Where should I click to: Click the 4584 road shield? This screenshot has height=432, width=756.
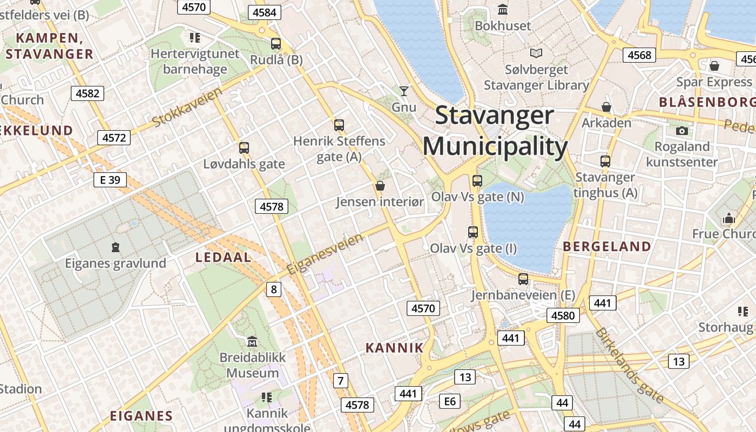point(265,12)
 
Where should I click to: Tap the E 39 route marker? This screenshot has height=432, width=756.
point(110,180)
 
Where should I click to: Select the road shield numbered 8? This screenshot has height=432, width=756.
point(274,289)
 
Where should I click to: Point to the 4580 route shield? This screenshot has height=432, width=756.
point(563,315)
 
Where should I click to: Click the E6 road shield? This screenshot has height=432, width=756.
point(450,401)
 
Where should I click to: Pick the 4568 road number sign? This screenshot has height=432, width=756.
point(639,55)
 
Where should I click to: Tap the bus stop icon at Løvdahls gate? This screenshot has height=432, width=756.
point(244,147)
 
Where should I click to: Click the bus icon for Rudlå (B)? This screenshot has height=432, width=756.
point(276,44)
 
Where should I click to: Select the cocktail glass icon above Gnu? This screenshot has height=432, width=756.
point(403,91)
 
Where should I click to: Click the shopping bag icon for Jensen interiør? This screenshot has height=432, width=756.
point(380,186)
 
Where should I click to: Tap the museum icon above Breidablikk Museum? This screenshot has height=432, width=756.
point(252,341)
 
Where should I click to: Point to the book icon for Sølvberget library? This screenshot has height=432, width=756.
point(536,53)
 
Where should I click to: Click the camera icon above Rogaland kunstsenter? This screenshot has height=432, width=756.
point(681,131)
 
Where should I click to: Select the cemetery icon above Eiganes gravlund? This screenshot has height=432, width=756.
point(115,247)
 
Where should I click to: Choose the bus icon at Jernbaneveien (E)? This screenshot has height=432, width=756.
point(523,279)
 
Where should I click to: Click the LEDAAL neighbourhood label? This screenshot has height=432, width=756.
point(224,257)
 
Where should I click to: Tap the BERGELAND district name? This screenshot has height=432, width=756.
point(607,247)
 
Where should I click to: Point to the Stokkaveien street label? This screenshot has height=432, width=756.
point(187,106)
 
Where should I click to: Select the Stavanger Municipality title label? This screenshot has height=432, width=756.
point(495,131)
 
